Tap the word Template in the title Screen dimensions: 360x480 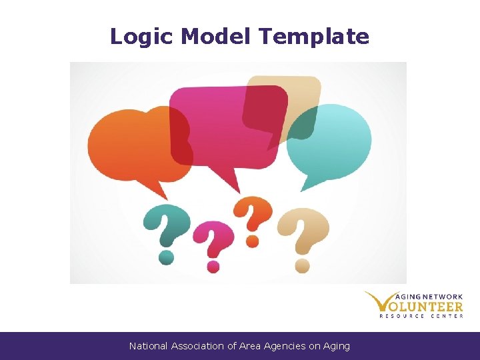(x=314, y=37)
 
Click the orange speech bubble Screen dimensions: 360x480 (x=133, y=143)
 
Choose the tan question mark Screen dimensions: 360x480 (x=305, y=230)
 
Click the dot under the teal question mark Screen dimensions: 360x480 (x=167, y=255)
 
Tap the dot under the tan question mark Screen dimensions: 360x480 (x=303, y=266)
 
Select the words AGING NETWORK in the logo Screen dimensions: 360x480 (x=429, y=297)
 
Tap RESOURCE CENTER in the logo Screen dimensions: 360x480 (x=421, y=315)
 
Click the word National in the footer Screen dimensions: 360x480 (x=149, y=346)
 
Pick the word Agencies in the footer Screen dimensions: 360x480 (x=285, y=346)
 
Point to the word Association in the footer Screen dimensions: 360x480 (x=199, y=346)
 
